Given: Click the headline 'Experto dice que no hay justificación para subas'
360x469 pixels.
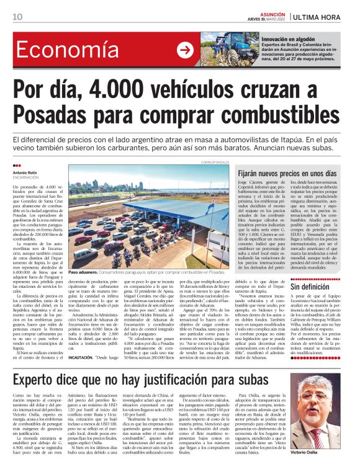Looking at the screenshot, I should coord(162,363).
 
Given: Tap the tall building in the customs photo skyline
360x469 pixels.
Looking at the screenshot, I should coord(140,187).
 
